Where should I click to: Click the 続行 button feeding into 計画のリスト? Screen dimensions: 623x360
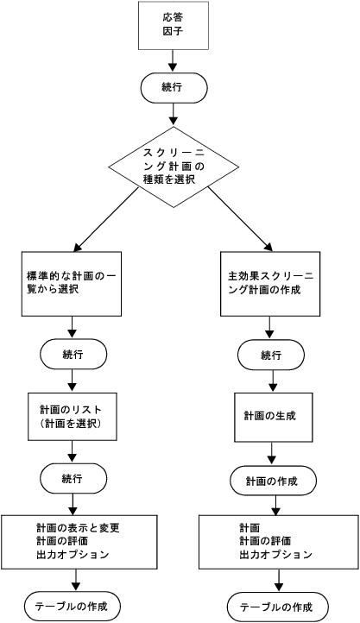pos(73,354)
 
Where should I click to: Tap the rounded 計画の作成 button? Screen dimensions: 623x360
pos(271,481)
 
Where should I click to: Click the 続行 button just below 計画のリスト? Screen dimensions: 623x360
pos(73,477)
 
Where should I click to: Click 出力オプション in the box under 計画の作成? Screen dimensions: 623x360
pos(270,554)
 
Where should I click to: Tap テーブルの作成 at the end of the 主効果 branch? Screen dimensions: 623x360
pos(277,607)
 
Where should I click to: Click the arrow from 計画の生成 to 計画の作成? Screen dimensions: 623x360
pos(271,454)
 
